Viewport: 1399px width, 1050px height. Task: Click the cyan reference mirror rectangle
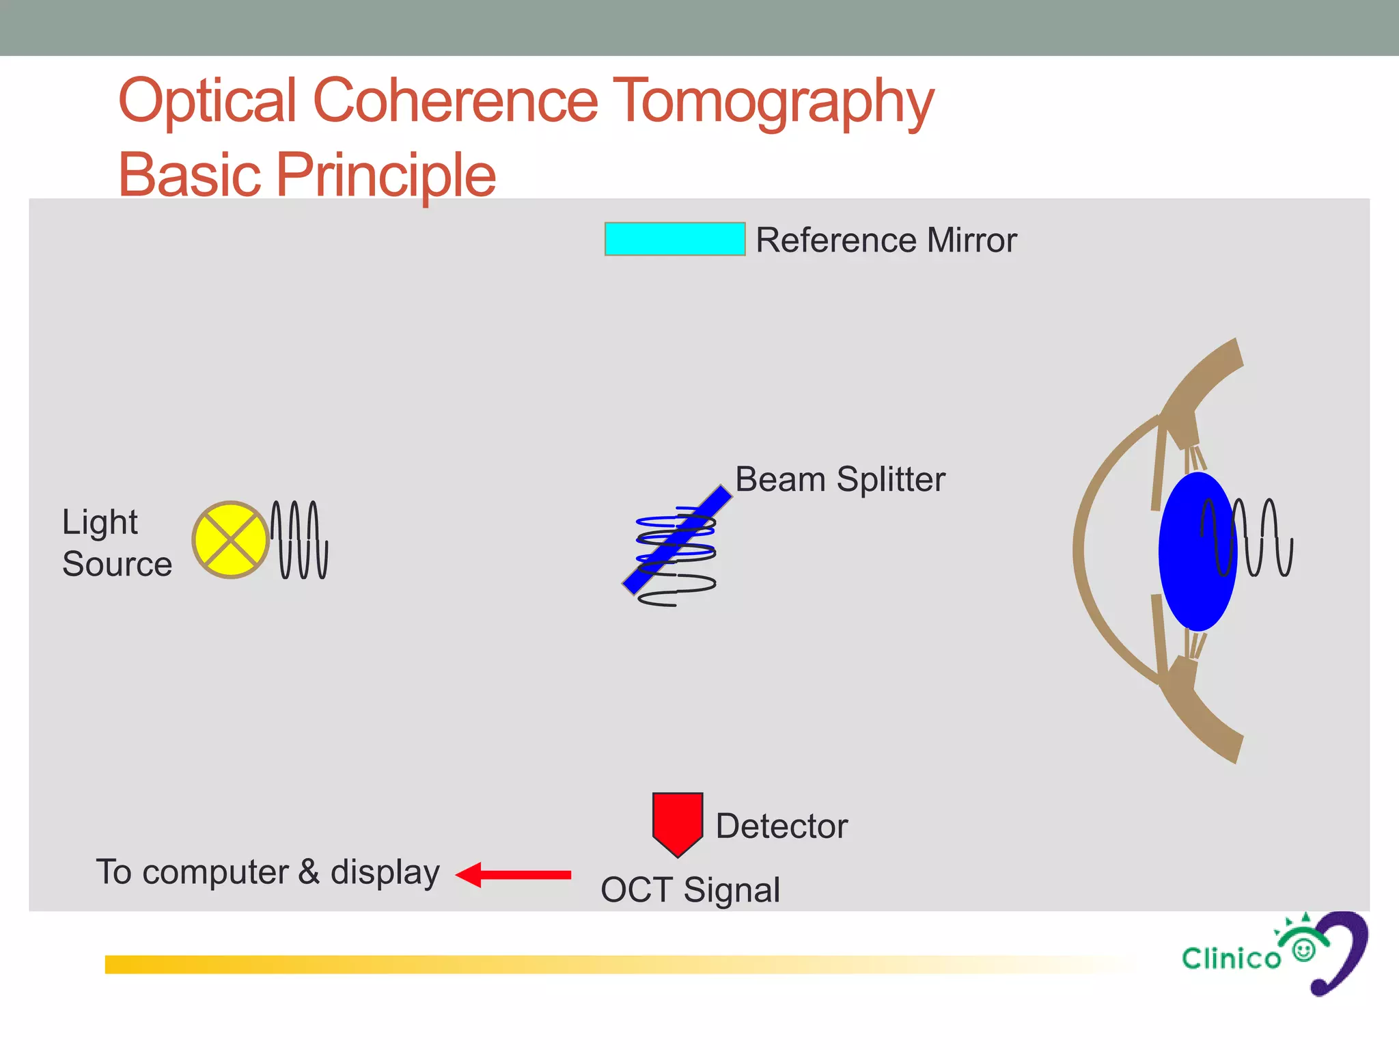coord(674,239)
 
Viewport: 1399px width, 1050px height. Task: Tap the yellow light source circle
coord(231,539)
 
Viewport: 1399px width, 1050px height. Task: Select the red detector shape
coord(677,821)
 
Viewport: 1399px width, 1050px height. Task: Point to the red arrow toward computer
coord(514,874)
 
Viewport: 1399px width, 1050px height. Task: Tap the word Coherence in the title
coord(455,101)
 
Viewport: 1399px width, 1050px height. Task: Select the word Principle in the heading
coord(386,175)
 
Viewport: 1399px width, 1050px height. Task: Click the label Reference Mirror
coord(886,240)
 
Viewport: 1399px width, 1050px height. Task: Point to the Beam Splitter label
coord(840,479)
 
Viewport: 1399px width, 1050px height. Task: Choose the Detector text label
coord(781,826)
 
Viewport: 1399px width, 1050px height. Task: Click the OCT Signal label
coord(690,889)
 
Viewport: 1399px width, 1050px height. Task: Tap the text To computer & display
coord(268,872)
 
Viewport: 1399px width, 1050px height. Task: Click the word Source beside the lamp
coord(117,564)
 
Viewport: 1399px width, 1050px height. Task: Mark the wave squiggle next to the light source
coord(299,539)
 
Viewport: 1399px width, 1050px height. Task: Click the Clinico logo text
coord(1231,958)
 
